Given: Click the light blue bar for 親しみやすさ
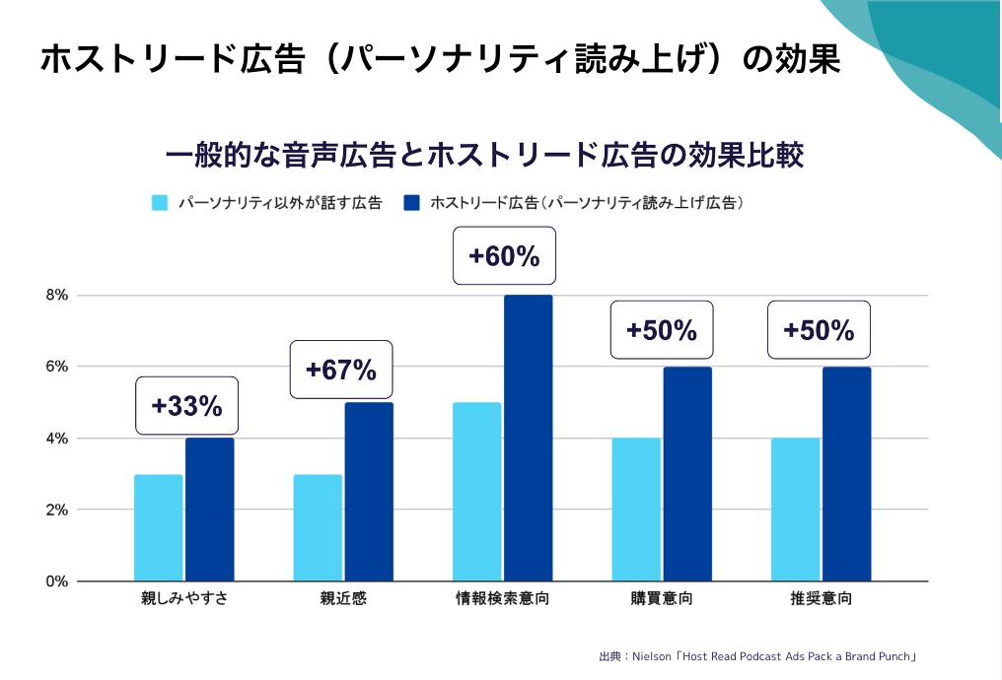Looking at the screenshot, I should [x=159, y=528].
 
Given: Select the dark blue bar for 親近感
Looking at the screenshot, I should [x=369, y=492].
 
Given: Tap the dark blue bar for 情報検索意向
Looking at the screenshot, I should [x=529, y=439].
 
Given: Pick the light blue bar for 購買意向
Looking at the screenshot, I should [x=636, y=510].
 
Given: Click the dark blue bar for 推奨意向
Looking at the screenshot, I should [x=847, y=474].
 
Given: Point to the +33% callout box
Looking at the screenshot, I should [x=186, y=405].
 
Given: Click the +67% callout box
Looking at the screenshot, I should [x=341, y=370].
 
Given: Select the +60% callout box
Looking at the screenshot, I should [x=504, y=256].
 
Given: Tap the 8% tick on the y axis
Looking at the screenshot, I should [x=56, y=295].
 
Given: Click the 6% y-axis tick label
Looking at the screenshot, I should [x=56, y=367].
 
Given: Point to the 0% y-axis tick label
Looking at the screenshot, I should [x=56, y=581].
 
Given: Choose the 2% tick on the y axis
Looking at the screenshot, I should [x=56, y=510].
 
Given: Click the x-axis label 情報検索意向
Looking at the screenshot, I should [x=503, y=599].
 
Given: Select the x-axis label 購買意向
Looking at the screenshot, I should [x=662, y=599].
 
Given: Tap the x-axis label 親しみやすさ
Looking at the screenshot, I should [x=184, y=599].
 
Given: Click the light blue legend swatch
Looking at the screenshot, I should [x=160, y=203].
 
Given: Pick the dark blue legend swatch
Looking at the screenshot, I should [x=412, y=203].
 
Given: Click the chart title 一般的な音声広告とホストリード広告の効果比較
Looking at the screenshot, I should [x=485, y=156].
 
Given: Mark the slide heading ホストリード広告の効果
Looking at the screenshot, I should [x=440, y=59].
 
